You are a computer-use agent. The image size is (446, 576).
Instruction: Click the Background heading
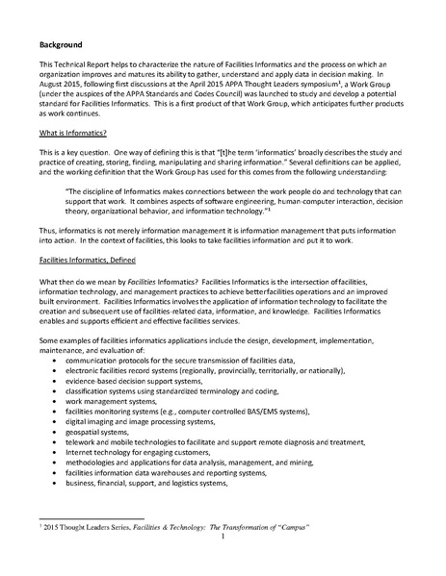[60, 44]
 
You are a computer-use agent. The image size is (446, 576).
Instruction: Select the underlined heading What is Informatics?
[75, 130]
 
